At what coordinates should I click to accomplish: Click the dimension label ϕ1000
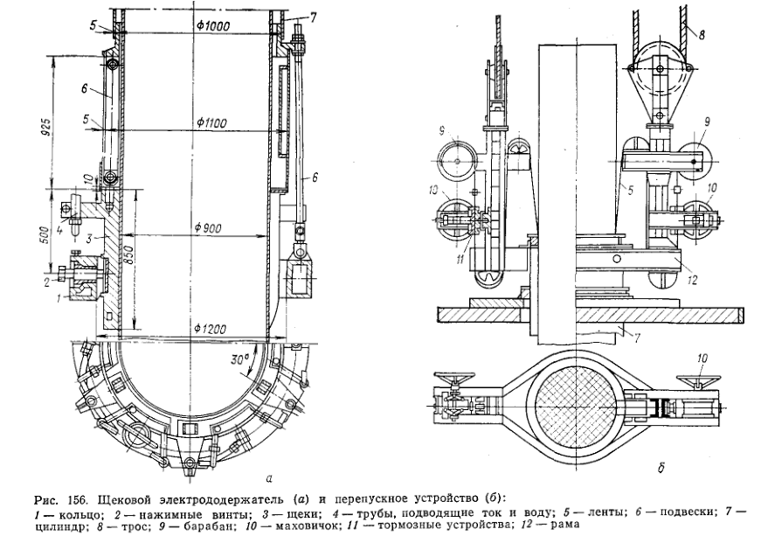click(x=213, y=26)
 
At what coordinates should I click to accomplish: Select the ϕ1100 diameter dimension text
click(x=213, y=122)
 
